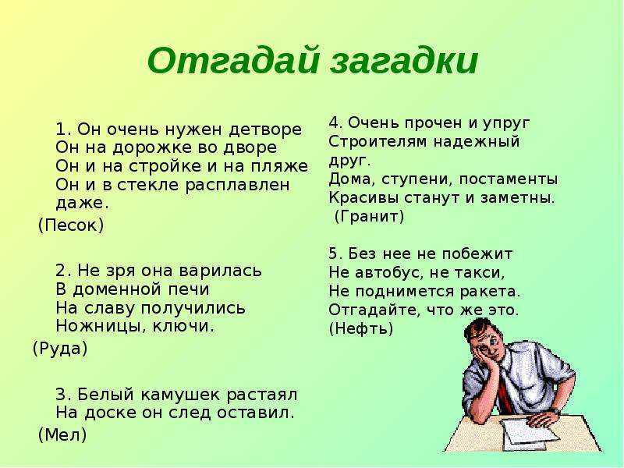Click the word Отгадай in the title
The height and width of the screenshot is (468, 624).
click(x=233, y=61)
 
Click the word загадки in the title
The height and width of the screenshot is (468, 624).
click(x=404, y=61)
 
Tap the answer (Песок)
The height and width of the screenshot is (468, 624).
click(x=71, y=225)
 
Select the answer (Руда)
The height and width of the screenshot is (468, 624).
click(x=60, y=349)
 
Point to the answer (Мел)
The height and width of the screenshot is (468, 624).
click(x=62, y=434)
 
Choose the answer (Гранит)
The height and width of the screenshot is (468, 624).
click(x=369, y=217)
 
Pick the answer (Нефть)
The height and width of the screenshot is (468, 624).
click(x=361, y=328)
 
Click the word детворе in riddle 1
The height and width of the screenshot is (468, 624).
click(x=266, y=129)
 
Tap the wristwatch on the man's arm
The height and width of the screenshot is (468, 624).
click(x=555, y=410)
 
